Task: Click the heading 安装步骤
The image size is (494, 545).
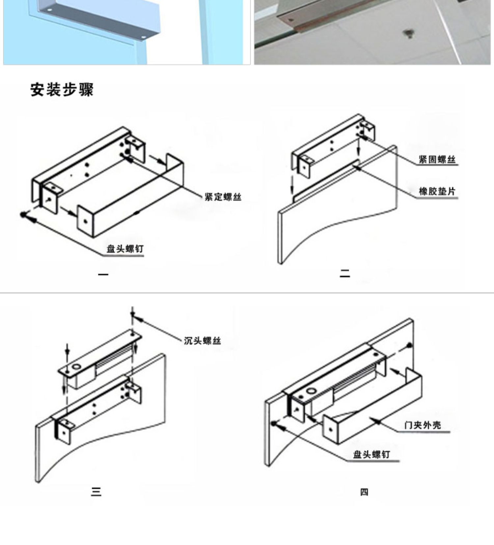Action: pos(62,90)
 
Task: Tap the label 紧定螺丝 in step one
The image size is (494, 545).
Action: pos(223,197)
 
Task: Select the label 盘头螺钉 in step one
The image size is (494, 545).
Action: pos(125,249)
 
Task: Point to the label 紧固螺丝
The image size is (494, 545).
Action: pos(437,160)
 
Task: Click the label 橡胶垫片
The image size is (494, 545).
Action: pos(437,191)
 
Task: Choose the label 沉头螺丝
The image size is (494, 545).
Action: pos(202,341)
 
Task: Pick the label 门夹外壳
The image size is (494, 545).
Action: pos(423,425)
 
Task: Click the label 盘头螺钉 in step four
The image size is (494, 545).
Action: pos(371,455)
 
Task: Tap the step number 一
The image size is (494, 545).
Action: pos(103,274)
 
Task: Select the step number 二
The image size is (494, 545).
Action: pos(345,273)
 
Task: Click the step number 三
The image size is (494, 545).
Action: pos(96,492)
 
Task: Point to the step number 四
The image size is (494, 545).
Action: pos(364,492)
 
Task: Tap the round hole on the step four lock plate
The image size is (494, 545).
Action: pos(311,392)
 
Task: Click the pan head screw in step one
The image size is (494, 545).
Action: pos(23,215)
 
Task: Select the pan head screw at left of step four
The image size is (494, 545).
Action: pos(273,423)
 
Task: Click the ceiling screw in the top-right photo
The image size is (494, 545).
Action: pos(408,33)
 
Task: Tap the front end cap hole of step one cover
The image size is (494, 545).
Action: pos(86,221)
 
